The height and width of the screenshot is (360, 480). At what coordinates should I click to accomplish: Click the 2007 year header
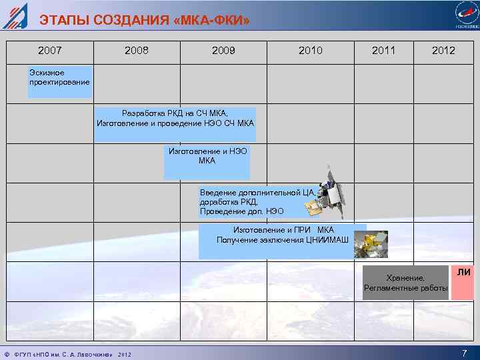50,50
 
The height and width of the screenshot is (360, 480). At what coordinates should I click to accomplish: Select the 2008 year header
137,50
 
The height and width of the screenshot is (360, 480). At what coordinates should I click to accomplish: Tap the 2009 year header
223,50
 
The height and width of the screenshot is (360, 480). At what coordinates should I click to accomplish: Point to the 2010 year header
311,50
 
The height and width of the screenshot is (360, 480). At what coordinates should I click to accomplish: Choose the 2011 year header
383,50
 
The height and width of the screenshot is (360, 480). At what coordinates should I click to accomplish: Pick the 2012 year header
443,50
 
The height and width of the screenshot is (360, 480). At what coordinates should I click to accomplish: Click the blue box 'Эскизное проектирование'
59,81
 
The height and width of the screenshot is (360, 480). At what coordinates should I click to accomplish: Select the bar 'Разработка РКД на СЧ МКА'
175,124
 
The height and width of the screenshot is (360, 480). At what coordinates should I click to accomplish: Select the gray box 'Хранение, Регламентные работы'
406,283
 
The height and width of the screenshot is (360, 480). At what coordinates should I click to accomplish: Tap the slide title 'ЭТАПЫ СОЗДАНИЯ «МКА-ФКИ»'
145,20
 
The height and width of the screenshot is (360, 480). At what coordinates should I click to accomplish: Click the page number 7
464,353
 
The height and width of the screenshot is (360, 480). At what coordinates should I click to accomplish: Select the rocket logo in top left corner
15,15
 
